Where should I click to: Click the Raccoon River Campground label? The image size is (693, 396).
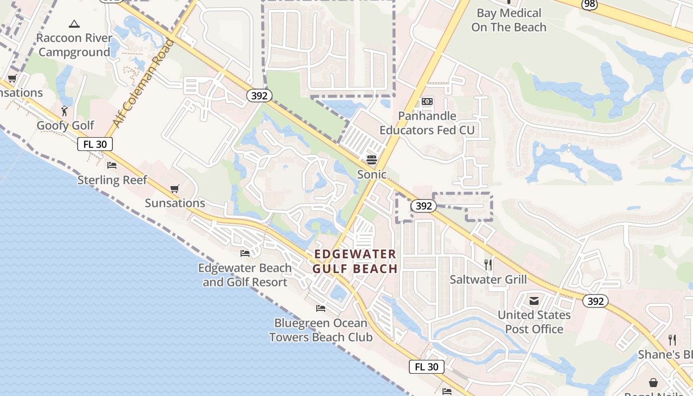(74, 45)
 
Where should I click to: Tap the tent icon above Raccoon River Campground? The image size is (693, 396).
(74, 23)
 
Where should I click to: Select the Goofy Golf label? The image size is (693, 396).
(65, 125)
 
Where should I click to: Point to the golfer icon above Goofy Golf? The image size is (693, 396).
(64, 110)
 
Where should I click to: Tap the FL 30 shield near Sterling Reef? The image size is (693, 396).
(95, 144)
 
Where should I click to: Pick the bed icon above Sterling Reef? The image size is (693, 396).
(112, 165)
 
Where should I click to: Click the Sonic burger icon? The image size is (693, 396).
(372, 159)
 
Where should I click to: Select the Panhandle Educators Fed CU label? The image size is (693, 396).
(427, 123)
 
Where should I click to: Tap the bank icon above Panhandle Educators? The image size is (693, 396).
(427, 101)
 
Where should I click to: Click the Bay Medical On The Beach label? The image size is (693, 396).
(508, 20)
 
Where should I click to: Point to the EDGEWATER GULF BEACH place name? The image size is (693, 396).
(355, 261)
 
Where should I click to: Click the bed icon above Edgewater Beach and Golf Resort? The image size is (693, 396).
(245, 253)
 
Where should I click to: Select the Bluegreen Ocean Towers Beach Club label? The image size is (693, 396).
(321, 330)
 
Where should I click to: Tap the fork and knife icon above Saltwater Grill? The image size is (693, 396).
(488, 265)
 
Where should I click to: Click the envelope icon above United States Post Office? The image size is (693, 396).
(534, 300)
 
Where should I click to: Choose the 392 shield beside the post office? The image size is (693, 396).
(594, 301)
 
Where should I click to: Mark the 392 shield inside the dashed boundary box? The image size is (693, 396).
(423, 206)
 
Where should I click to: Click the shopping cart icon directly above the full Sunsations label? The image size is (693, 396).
(174, 189)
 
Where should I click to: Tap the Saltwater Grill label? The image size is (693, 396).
(488, 279)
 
